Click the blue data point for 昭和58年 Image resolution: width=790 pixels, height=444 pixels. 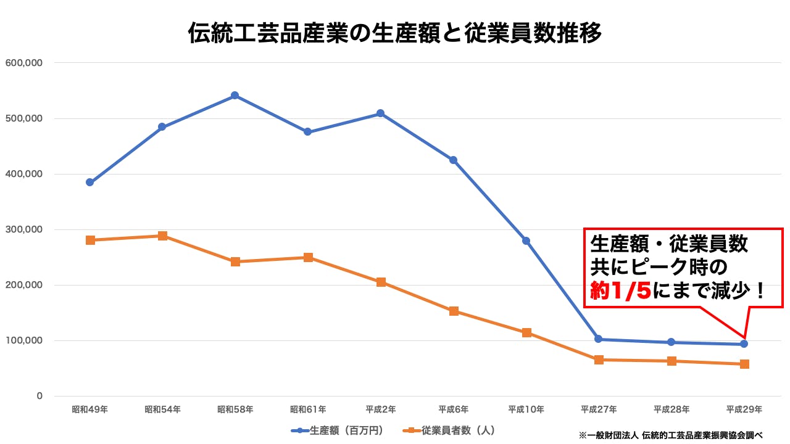click(235, 96)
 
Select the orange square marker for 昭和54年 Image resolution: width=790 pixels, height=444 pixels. click(162, 236)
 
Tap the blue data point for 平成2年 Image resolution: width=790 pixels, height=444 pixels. click(381, 113)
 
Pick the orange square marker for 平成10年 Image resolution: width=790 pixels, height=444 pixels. click(526, 332)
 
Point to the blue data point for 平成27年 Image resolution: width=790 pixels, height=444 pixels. click(599, 339)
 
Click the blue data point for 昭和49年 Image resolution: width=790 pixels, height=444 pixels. click(90, 183)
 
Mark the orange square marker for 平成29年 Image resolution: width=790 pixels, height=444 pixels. click(744, 364)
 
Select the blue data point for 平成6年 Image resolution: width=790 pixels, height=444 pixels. click(454, 160)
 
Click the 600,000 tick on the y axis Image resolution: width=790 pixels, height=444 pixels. click(23, 63)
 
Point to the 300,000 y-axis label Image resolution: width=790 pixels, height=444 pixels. click(23, 229)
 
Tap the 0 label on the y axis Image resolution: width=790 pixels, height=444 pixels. click(39, 396)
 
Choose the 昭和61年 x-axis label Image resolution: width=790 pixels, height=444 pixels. click(308, 409)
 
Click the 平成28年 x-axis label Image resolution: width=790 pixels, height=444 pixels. click(671, 409)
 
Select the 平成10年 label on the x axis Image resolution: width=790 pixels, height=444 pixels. click(526, 409)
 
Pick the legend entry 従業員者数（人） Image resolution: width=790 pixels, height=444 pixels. click(450, 430)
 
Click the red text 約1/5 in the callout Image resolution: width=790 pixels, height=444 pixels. click(620, 291)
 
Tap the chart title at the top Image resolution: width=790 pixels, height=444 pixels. click(395, 33)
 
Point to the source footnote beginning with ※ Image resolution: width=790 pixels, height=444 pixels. click(673, 435)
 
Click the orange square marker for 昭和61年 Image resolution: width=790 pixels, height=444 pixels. click(308, 257)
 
